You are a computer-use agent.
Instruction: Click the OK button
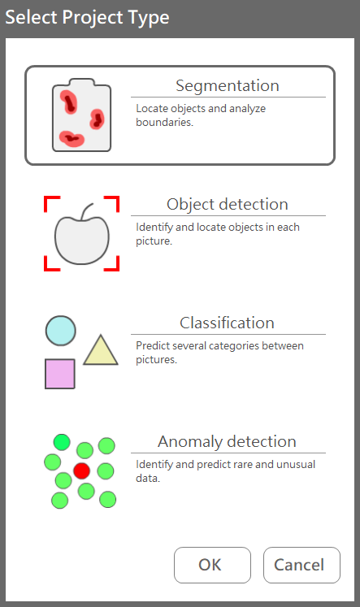[x=212, y=565]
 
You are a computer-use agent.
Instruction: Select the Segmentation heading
[x=228, y=85]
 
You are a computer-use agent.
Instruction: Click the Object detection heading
[x=228, y=204]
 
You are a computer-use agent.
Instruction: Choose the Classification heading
[x=228, y=323]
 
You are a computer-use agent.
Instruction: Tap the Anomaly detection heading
[x=228, y=441]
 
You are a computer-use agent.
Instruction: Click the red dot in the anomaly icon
[x=82, y=470]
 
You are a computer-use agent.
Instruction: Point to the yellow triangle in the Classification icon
[x=101, y=350]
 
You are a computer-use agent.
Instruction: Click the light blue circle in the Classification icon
[x=61, y=331]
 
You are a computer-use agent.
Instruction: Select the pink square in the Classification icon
[x=60, y=374]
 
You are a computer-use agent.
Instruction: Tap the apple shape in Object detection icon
[x=82, y=240]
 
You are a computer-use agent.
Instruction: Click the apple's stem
[x=86, y=211]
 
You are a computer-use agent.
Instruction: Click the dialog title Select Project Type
[x=87, y=17]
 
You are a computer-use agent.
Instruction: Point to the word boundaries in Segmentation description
[x=164, y=123]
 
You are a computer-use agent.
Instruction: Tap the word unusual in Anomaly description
[x=294, y=464]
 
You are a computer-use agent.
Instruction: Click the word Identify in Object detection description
[x=154, y=228]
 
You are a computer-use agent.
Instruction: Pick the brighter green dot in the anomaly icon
[x=62, y=442]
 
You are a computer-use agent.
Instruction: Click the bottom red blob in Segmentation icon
[x=72, y=139]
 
